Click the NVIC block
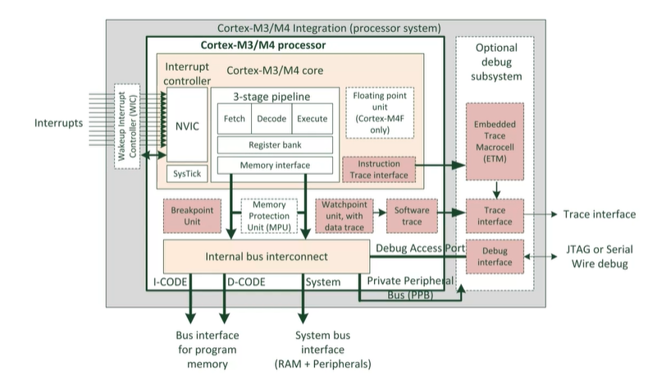(x=188, y=127)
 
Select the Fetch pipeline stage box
(x=234, y=119)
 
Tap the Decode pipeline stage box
(x=271, y=119)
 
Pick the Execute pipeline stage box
(x=312, y=119)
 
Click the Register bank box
(x=274, y=145)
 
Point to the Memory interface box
(x=274, y=166)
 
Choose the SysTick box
(x=188, y=173)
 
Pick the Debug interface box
(x=494, y=256)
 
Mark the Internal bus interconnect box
(x=265, y=257)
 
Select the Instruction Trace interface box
(x=379, y=170)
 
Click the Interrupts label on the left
(x=59, y=123)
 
